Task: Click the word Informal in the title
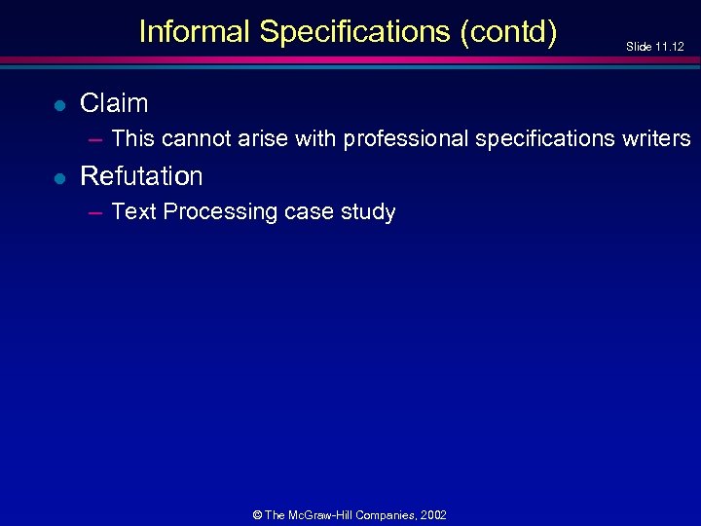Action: tap(195, 32)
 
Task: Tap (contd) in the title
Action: tap(507, 32)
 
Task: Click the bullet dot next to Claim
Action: tap(58, 104)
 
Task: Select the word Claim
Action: tap(114, 103)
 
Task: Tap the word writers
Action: tap(656, 138)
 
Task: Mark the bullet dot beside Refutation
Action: tap(58, 177)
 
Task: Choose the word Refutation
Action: tap(141, 176)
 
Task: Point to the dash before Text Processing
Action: tap(95, 211)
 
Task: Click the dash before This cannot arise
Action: tap(95, 138)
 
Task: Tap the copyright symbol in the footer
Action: tap(257, 514)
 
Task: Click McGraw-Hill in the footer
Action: tap(321, 514)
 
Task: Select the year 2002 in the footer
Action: tap(432, 514)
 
